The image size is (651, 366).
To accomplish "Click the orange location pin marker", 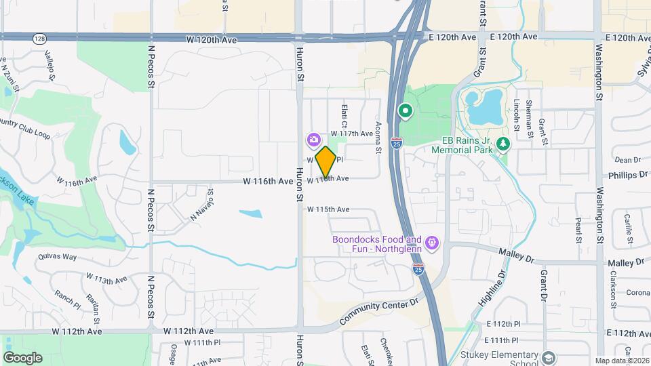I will coord(325,161).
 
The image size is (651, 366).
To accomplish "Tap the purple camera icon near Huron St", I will coord(313,140).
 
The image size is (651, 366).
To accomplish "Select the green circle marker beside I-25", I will coord(406,110).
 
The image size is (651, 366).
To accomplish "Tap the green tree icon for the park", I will coord(502,144).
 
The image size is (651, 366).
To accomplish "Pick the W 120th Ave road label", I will coord(212,40).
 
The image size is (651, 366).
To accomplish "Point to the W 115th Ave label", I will coord(328,209).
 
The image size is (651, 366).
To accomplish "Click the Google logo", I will coord(22,358).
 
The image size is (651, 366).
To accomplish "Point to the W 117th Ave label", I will coord(352,134).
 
